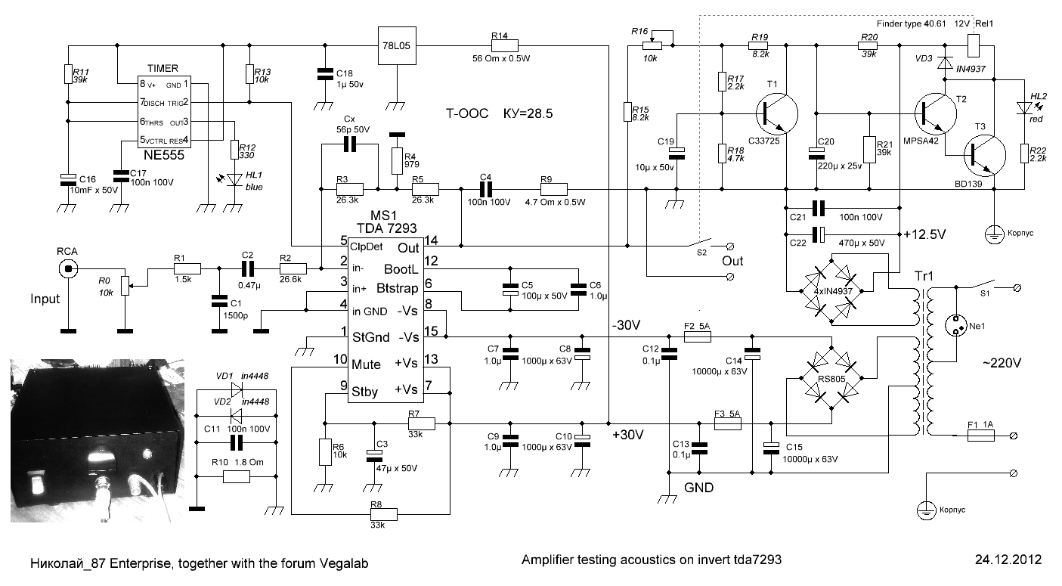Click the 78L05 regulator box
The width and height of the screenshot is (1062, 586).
(x=397, y=45)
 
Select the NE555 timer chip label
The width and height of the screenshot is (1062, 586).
(x=164, y=155)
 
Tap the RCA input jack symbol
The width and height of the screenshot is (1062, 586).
(x=68, y=269)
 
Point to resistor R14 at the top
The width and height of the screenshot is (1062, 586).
(x=504, y=45)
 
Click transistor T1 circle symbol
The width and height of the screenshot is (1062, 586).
(x=776, y=113)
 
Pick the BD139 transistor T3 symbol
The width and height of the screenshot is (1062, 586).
(x=985, y=156)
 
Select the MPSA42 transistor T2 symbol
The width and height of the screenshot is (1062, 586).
(x=936, y=113)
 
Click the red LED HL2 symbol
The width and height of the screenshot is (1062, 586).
(x=1024, y=107)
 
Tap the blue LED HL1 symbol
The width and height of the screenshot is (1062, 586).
(x=234, y=180)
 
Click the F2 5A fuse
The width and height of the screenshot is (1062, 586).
(x=698, y=336)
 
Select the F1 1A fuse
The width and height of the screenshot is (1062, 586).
(x=980, y=436)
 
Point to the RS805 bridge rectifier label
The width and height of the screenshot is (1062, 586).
(x=831, y=379)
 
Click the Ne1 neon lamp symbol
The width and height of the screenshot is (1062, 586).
(x=955, y=326)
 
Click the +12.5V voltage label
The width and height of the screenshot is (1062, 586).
(x=924, y=234)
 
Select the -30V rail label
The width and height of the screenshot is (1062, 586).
(x=626, y=325)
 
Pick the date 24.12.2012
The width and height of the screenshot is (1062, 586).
(x=1008, y=560)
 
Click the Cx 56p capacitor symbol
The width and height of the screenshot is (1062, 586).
(x=350, y=144)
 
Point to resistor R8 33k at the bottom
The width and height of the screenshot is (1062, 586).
(x=383, y=514)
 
